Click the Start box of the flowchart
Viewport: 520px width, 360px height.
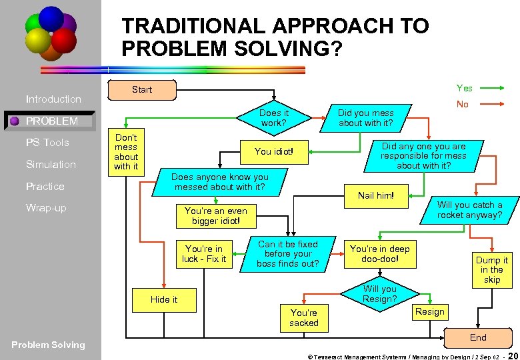coord(141,89)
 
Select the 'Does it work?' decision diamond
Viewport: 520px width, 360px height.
coord(273,118)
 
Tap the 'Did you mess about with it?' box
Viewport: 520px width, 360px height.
coord(365,118)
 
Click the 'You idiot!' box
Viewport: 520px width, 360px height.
coord(274,151)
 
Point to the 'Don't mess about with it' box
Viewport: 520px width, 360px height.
coord(126,152)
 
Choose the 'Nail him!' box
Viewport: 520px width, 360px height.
coord(375,195)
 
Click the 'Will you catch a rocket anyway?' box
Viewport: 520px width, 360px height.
coord(469,210)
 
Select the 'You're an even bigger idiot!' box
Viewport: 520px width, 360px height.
coord(215,215)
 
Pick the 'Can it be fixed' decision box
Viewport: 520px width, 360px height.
coord(288,254)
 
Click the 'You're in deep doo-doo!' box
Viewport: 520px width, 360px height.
coord(379,254)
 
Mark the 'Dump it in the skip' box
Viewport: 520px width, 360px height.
coord(492,270)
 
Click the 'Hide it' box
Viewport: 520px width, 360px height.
coord(164,299)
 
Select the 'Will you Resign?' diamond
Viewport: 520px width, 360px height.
coord(379,294)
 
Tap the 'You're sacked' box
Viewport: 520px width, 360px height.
coord(303,317)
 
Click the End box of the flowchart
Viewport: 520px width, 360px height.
coord(478,337)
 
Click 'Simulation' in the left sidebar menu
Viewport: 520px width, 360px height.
coord(51,164)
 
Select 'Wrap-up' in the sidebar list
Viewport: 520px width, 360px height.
coord(46,208)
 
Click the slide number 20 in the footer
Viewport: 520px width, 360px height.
coord(513,354)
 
